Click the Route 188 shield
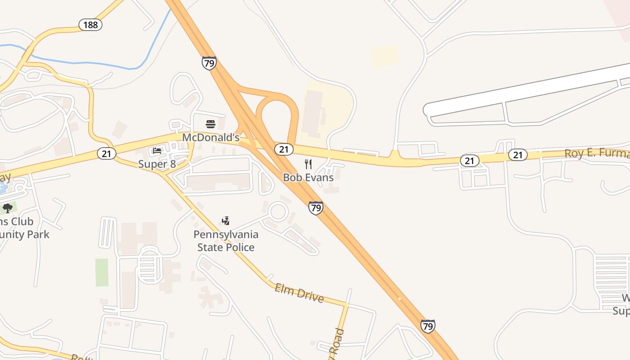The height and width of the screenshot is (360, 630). pos(90,25)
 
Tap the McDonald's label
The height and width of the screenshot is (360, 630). pos(211,137)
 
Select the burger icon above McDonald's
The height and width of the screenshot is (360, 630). pos(211,124)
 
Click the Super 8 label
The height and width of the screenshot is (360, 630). pos(157,164)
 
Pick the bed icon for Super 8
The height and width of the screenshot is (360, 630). pos(157,151)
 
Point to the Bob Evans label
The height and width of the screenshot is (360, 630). pos(308,177)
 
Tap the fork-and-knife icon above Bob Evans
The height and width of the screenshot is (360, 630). pos(308,164)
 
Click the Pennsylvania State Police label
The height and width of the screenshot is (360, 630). pos(226,241)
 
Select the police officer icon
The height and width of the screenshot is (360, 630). pos(226,220)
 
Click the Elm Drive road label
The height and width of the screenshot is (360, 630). pos(299,292)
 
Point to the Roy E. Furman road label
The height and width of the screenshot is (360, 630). pos(597,153)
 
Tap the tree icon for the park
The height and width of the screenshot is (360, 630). pos(8,208)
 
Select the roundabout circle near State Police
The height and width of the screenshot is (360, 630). pos(278,211)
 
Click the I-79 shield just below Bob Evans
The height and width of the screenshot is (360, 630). pos(316,207)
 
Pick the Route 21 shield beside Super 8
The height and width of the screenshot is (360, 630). pos(106,153)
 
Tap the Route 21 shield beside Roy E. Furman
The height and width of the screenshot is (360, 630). pos(518,155)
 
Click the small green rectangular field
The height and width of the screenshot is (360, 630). pos(102,272)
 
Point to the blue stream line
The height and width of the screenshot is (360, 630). pos(90,63)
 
